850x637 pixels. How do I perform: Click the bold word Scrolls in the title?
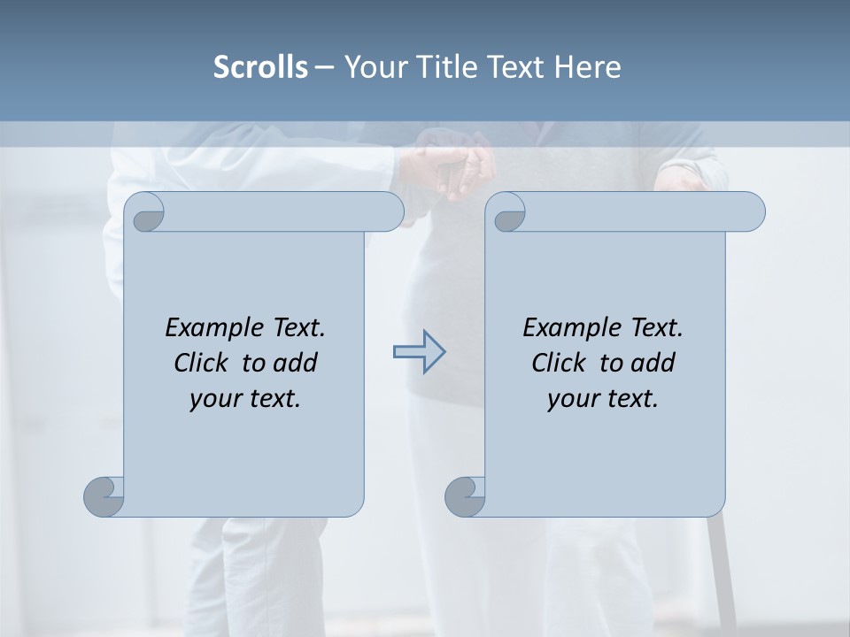coord(260,67)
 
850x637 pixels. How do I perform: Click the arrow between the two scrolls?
coord(419,351)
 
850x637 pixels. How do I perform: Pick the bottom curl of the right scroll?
coord(466,495)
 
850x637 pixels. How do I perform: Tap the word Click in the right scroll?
coord(559,363)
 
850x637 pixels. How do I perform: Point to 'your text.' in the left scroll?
coord(245,398)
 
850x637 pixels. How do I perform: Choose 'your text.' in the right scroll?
coord(603,398)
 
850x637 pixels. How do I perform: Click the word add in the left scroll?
coord(295,363)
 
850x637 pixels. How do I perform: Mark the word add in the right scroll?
coord(653,363)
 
